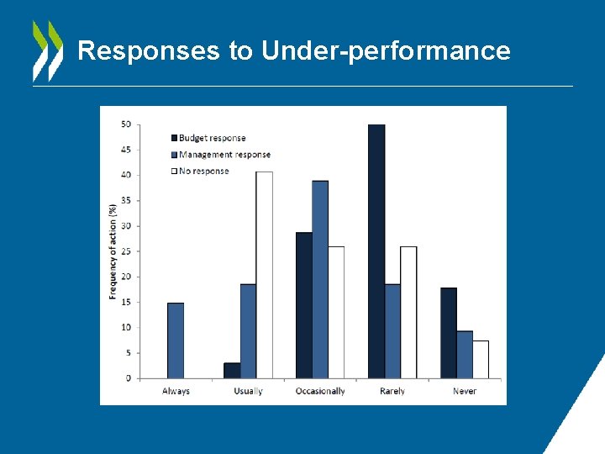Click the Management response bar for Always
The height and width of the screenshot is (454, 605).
click(176, 340)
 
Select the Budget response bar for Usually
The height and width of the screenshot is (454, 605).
click(232, 371)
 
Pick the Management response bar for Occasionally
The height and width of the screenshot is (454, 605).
click(320, 279)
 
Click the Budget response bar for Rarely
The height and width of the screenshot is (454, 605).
click(376, 251)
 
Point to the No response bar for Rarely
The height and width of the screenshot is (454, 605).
click(408, 312)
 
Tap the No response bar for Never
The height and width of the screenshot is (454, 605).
click(481, 359)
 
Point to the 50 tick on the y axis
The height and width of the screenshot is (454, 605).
click(125, 124)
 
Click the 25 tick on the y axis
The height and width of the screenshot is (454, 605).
click(125, 251)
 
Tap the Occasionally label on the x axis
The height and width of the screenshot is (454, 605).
click(320, 392)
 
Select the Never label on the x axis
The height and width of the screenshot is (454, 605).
click(464, 392)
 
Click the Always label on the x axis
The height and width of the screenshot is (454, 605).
click(176, 392)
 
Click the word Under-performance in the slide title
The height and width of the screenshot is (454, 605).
click(386, 51)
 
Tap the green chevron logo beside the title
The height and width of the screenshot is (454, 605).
click(47, 50)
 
